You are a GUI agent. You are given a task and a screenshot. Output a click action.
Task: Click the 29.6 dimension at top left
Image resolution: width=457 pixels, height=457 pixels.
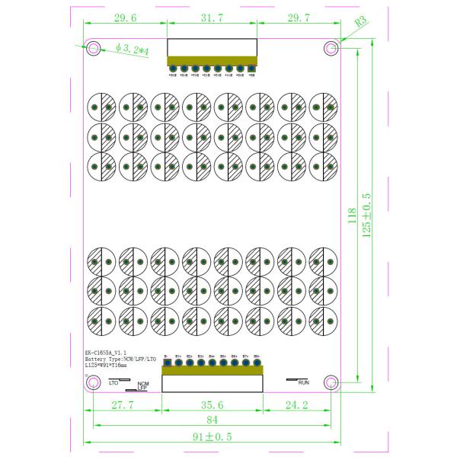click(x=124, y=18)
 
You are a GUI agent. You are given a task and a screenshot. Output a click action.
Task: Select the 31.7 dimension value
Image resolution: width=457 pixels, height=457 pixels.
click(x=211, y=18)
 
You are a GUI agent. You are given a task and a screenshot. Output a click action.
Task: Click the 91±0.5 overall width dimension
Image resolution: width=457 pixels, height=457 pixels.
click(x=212, y=436)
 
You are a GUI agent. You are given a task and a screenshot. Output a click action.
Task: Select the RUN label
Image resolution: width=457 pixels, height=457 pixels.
click(x=303, y=382)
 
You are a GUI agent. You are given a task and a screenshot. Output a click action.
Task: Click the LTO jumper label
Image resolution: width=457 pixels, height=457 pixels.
click(x=114, y=382)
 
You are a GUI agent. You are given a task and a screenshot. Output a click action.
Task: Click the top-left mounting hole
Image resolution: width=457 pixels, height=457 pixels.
click(x=94, y=49)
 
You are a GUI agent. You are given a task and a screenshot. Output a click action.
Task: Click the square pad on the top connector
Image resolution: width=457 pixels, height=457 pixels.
click(x=251, y=69)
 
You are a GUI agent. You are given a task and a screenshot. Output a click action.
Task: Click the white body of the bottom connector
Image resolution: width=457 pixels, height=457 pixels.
click(x=212, y=383)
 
